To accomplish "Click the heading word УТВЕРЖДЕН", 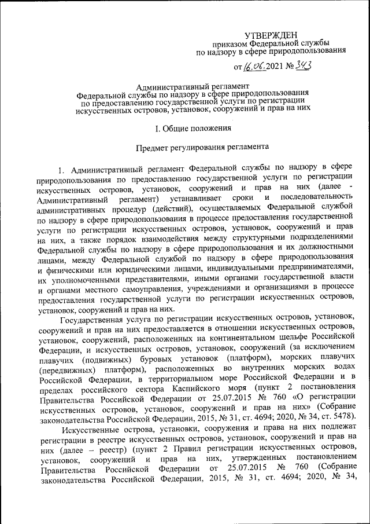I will (x=271, y=36).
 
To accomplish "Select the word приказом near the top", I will (x=231, y=45).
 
